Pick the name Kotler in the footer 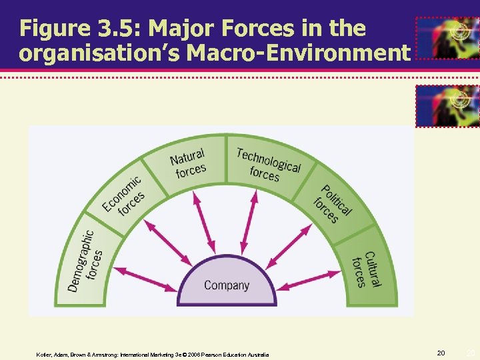coord(43,355)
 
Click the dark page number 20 coord(441,351)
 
